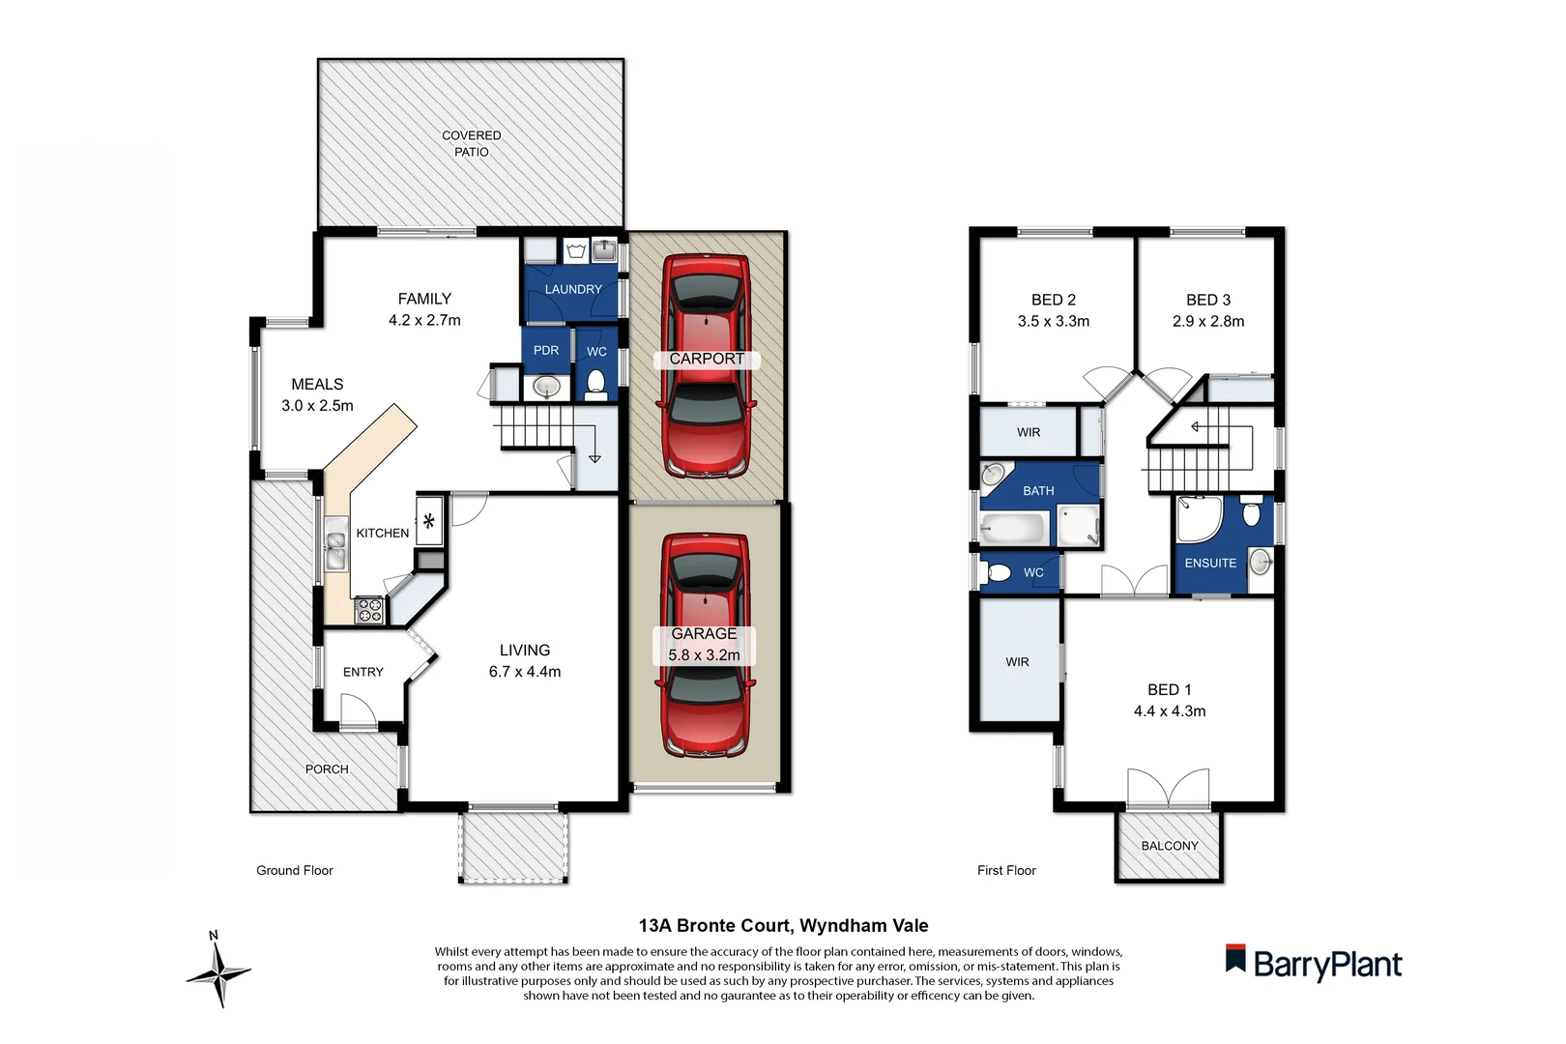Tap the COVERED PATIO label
pos(472,143)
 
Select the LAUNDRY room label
pos(572,289)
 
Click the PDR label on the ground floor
pos(546,350)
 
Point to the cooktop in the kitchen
pos(369,610)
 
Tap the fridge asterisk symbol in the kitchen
pos(428,521)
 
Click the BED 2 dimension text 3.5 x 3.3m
pos(1053,321)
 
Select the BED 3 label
pos(1207,300)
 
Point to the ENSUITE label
pos(1210,563)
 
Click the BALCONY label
pos(1169,846)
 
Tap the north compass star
pos(219,972)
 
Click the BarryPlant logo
pos(1314,964)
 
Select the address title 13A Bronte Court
pos(783,925)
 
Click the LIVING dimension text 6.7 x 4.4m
pos(524,672)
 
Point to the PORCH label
pos(327,769)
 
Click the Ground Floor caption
pos(294,870)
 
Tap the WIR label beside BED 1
pos(1017,662)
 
